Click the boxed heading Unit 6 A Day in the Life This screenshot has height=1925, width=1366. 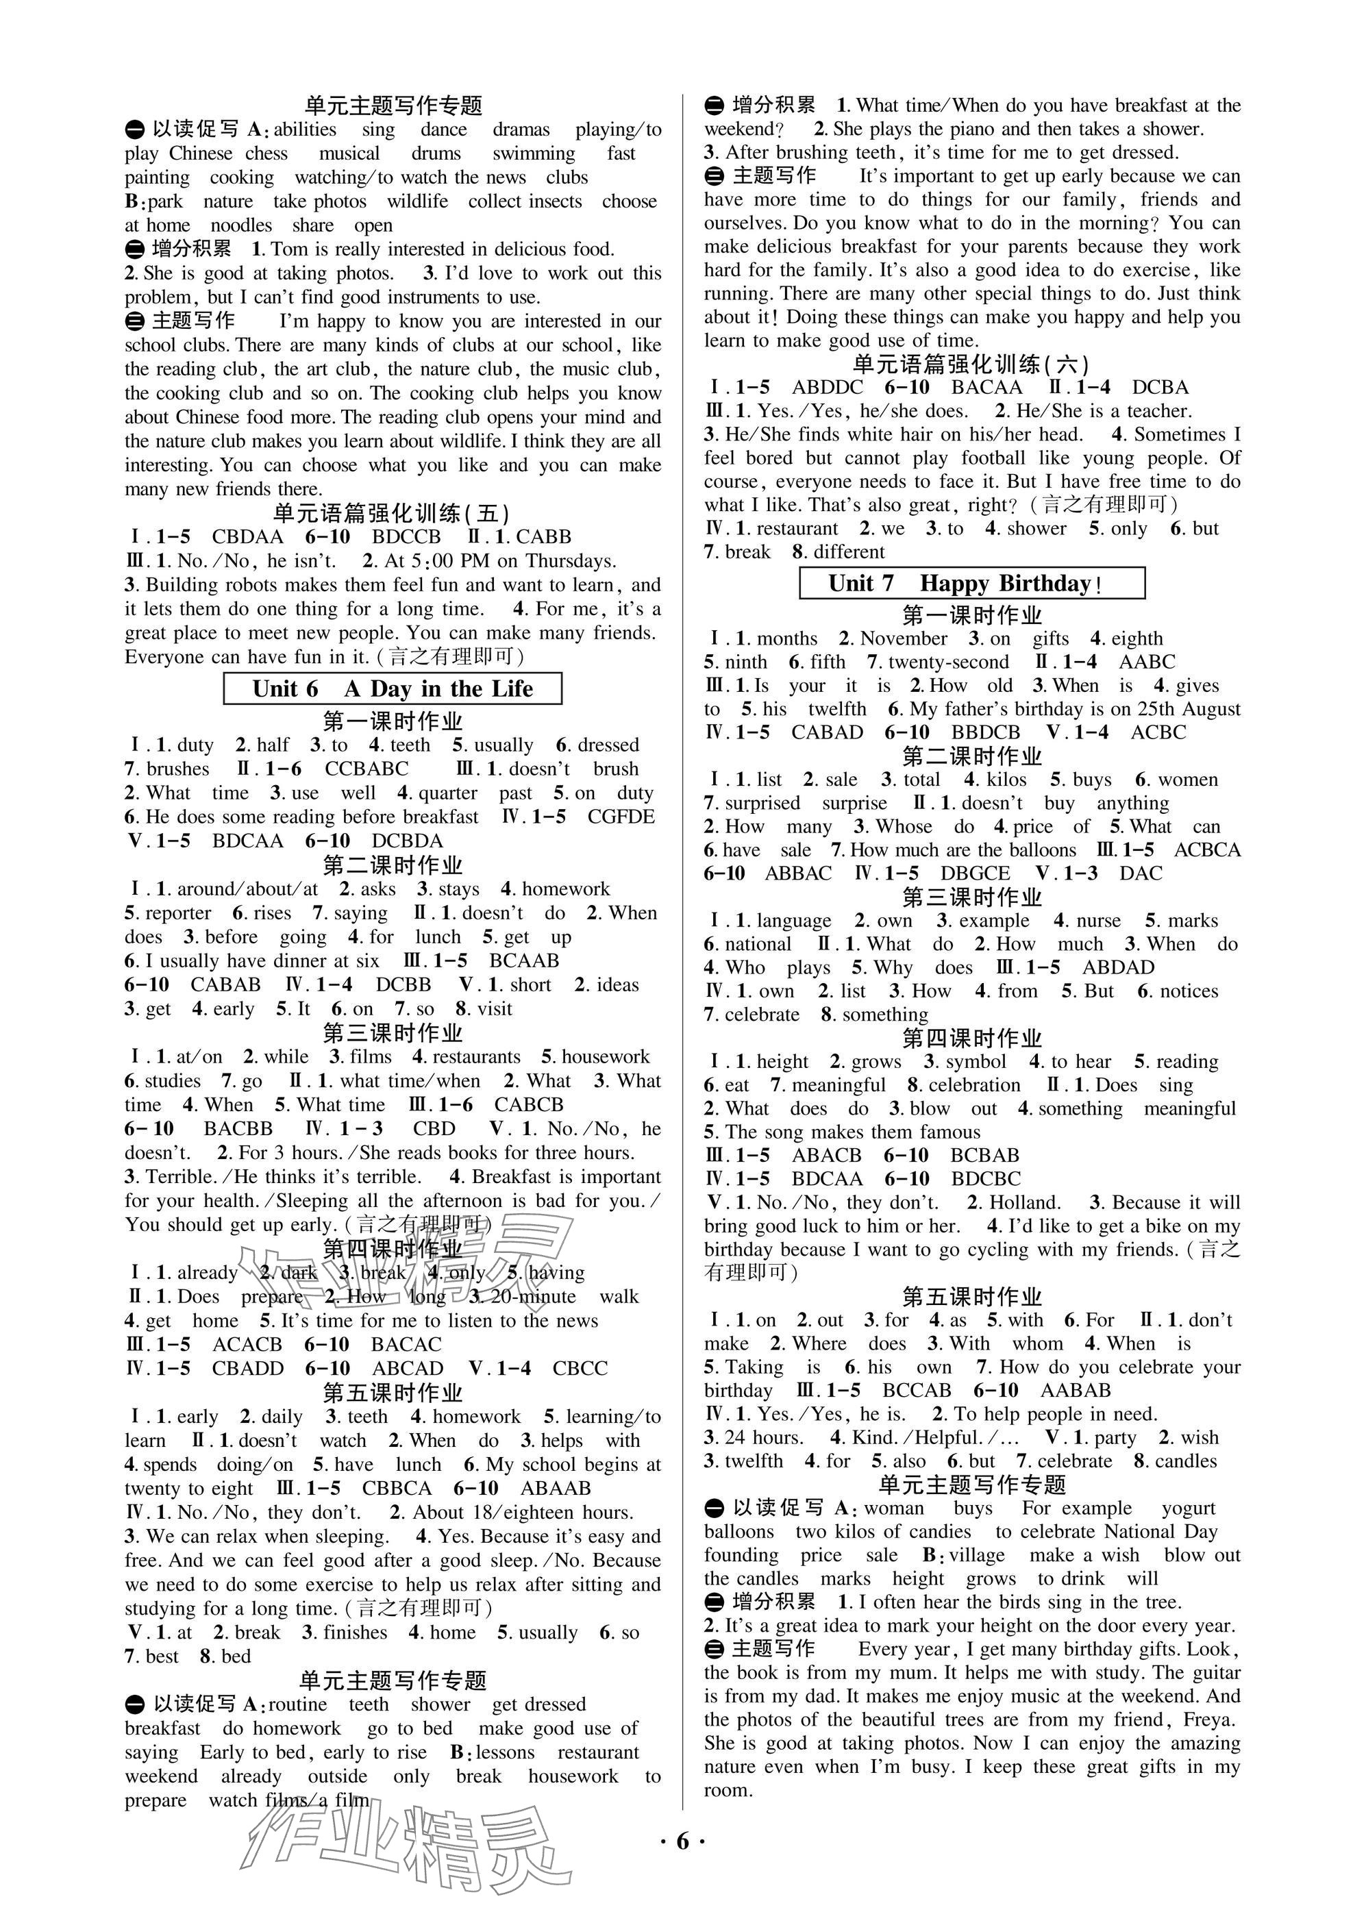(392, 688)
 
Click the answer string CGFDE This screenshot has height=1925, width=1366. (621, 817)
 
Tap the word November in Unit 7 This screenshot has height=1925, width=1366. (904, 638)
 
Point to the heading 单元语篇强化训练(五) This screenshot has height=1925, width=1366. (392, 512)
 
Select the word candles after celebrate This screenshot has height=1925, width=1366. (1186, 1461)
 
